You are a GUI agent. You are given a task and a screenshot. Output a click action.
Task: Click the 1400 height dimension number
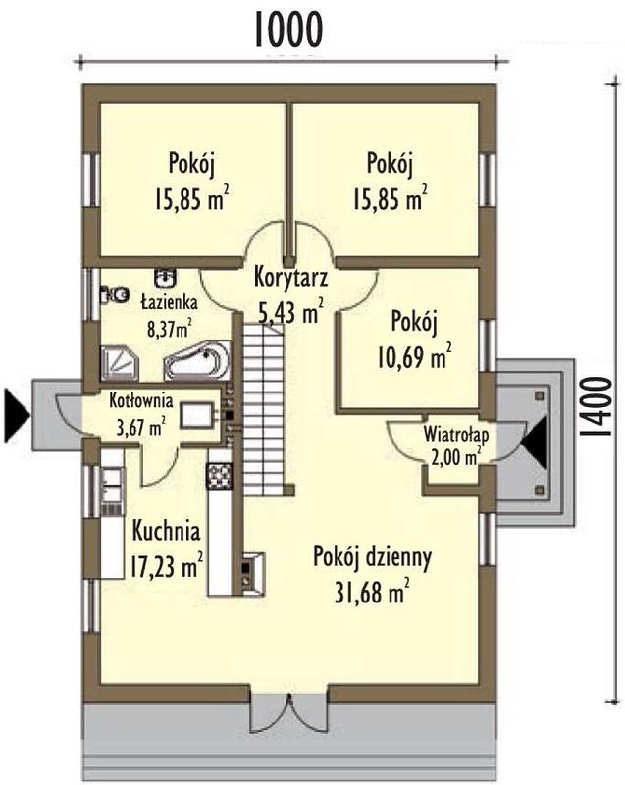[597, 407]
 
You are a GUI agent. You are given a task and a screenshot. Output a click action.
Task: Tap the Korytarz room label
[290, 277]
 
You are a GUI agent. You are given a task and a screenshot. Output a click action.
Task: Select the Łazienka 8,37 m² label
[169, 316]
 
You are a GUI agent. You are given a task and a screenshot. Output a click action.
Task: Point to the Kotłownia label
[141, 400]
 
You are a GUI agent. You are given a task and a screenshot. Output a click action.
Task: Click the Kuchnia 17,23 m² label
[167, 549]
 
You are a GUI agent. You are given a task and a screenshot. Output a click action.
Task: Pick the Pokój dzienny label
[372, 557]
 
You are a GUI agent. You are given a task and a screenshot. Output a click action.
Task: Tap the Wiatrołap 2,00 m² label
[456, 445]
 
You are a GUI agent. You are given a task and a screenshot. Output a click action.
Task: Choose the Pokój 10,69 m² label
[414, 340]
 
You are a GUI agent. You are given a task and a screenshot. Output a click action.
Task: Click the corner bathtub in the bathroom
[197, 360]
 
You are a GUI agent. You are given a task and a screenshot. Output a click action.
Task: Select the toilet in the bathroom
[115, 294]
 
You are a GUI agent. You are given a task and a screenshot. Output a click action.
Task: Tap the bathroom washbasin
[165, 278]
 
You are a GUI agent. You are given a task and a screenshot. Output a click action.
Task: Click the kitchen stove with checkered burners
[219, 476]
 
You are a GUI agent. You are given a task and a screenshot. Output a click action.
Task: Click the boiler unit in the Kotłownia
[196, 415]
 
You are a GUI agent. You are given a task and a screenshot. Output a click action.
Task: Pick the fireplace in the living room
[254, 573]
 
